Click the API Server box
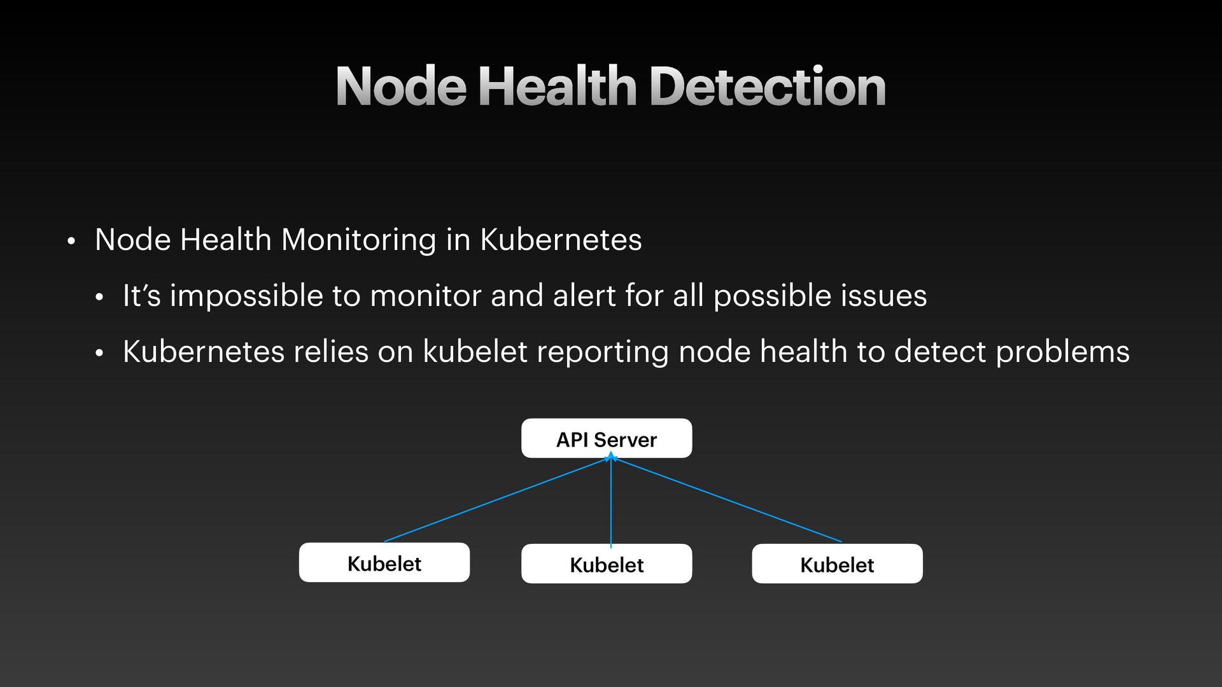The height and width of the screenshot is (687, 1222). (x=606, y=438)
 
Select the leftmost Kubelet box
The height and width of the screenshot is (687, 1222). (x=384, y=562)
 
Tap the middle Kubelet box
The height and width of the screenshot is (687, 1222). (x=606, y=564)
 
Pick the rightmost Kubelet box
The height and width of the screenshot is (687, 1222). (x=836, y=564)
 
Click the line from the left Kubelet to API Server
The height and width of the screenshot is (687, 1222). (x=496, y=499)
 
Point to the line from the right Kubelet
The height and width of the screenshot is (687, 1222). (x=726, y=499)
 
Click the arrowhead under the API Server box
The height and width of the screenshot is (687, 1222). (x=611, y=455)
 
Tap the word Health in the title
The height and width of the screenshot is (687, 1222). (x=557, y=87)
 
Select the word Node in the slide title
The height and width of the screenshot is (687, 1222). (x=401, y=87)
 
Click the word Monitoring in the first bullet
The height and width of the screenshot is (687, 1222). (x=358, y=240)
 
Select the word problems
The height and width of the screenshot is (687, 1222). (x=1062, y=352)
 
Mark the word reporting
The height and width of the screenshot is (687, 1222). (x=602, y=352)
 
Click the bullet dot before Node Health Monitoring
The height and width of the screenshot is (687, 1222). (x=71, y=242)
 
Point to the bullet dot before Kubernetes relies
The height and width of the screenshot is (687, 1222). (x=99, y=353)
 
